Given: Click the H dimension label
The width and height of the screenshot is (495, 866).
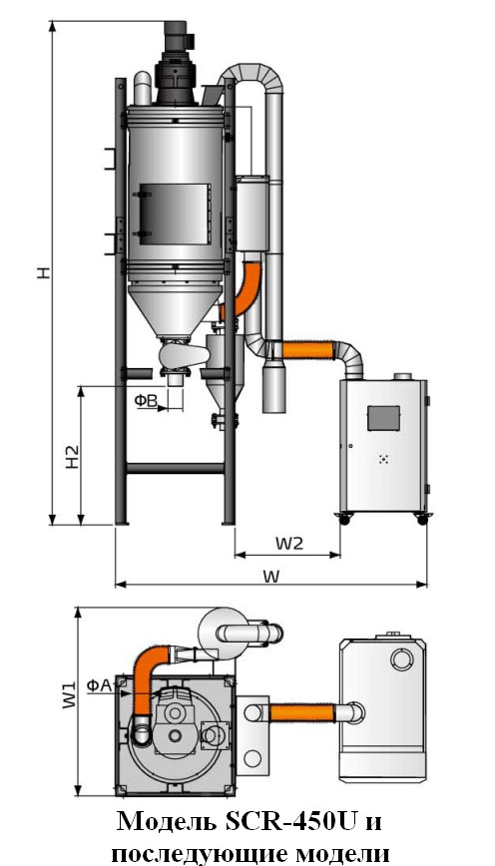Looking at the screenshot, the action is tap(44, 272).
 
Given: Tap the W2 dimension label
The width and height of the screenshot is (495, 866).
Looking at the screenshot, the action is tap(289, 544).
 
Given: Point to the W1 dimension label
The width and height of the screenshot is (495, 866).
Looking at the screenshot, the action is tap(69, 694).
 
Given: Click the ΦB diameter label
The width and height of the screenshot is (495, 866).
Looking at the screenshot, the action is tap(146, 401).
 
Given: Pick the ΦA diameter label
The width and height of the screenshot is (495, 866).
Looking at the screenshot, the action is tap(100, 684).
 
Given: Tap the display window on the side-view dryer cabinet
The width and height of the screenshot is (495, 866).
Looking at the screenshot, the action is tap(383, 418).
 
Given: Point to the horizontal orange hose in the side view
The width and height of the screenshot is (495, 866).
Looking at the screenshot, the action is tap(308, 350).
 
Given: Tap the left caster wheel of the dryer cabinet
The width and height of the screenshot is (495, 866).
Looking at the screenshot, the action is tap(343, 519).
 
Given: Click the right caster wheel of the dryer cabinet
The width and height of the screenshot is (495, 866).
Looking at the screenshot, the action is tap(422, 519).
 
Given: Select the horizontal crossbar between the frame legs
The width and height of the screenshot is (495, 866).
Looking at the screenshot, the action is tap(175, 468).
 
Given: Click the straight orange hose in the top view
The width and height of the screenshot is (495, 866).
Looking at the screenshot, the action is tap(301, 712).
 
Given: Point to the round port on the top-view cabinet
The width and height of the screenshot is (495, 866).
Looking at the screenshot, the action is tap(401, 657).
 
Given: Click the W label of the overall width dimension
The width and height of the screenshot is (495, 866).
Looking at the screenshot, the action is tap(270, 576).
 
